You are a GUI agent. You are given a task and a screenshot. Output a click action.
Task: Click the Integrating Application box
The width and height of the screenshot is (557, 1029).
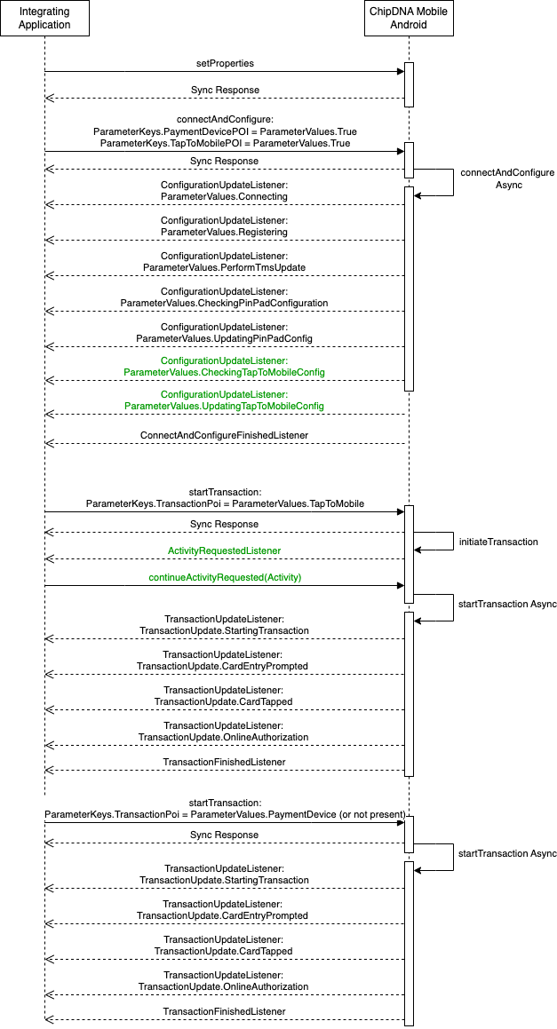(x=44, y=19)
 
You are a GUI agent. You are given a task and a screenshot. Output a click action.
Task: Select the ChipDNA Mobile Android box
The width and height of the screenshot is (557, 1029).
(x=409, y=19)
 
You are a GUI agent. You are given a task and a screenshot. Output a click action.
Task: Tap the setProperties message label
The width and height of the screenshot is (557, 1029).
(x=225, y=64)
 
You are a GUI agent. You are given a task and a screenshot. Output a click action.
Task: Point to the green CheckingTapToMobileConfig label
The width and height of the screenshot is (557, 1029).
(x=224, y=372)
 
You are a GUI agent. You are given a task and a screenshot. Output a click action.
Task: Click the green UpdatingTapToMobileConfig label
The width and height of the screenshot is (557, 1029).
(x=224, y=407)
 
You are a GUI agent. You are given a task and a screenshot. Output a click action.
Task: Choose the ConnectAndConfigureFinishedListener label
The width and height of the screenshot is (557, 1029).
(x=224, y=435)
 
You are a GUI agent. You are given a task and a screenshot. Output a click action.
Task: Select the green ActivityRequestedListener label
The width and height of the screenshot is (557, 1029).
(x=224, y=550)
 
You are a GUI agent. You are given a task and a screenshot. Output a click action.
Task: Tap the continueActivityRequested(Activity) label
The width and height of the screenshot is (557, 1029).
(x=225, y=577)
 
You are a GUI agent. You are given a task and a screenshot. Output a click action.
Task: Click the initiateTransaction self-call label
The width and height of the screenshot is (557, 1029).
(x=498, y=542)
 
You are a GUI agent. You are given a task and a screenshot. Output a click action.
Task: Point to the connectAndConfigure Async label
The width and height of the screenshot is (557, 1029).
(x=507, y=178)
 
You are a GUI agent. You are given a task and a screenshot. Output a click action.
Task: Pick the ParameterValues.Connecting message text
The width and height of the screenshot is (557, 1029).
(x=224, y=196)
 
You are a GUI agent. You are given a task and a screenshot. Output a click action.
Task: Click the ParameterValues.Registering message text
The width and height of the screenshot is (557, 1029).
(x=224, y=232)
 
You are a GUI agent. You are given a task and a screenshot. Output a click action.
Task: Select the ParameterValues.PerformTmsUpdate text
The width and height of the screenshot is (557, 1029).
(x=224, y=267)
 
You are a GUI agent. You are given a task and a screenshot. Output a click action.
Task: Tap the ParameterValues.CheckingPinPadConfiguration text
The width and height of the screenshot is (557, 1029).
(x=224, y=303)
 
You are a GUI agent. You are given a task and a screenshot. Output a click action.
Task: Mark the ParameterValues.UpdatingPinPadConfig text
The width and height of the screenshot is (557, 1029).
(x=224, y=338)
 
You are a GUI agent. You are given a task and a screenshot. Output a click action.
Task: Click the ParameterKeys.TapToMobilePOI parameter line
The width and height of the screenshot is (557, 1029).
(x=225, y=143)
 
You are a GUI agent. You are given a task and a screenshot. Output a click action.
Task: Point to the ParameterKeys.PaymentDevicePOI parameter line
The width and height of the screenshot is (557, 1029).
(x=225, y=132)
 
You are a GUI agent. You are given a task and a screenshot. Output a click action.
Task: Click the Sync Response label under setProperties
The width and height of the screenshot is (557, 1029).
(x=225, y=90)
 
